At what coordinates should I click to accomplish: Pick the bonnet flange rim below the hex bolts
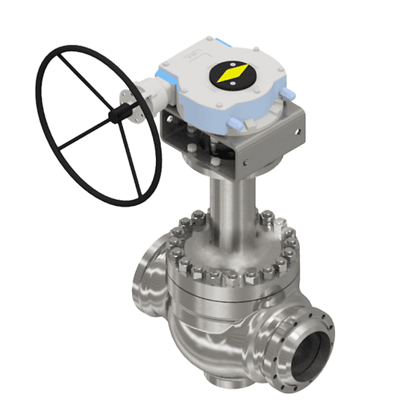(x=231, y=293)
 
